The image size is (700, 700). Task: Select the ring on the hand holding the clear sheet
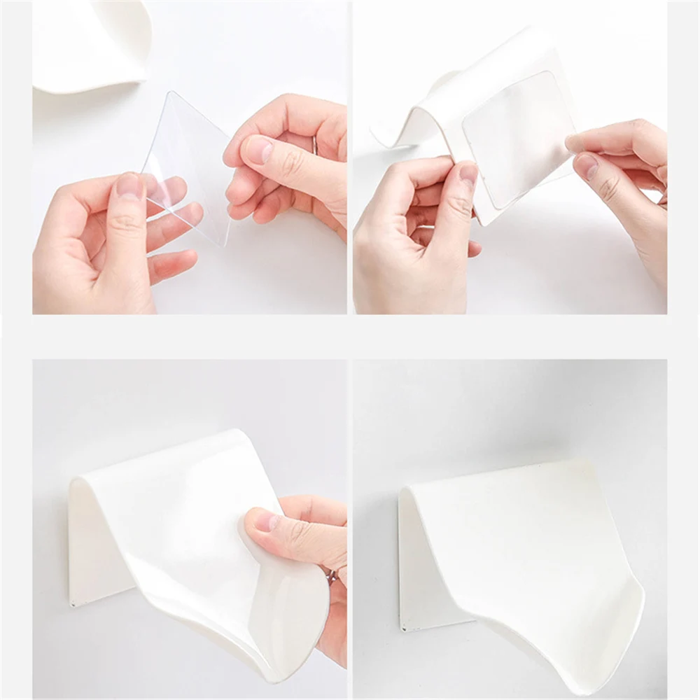[316, 146]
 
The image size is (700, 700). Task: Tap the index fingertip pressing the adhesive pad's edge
[575, 143]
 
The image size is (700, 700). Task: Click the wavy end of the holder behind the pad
[392, 133]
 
